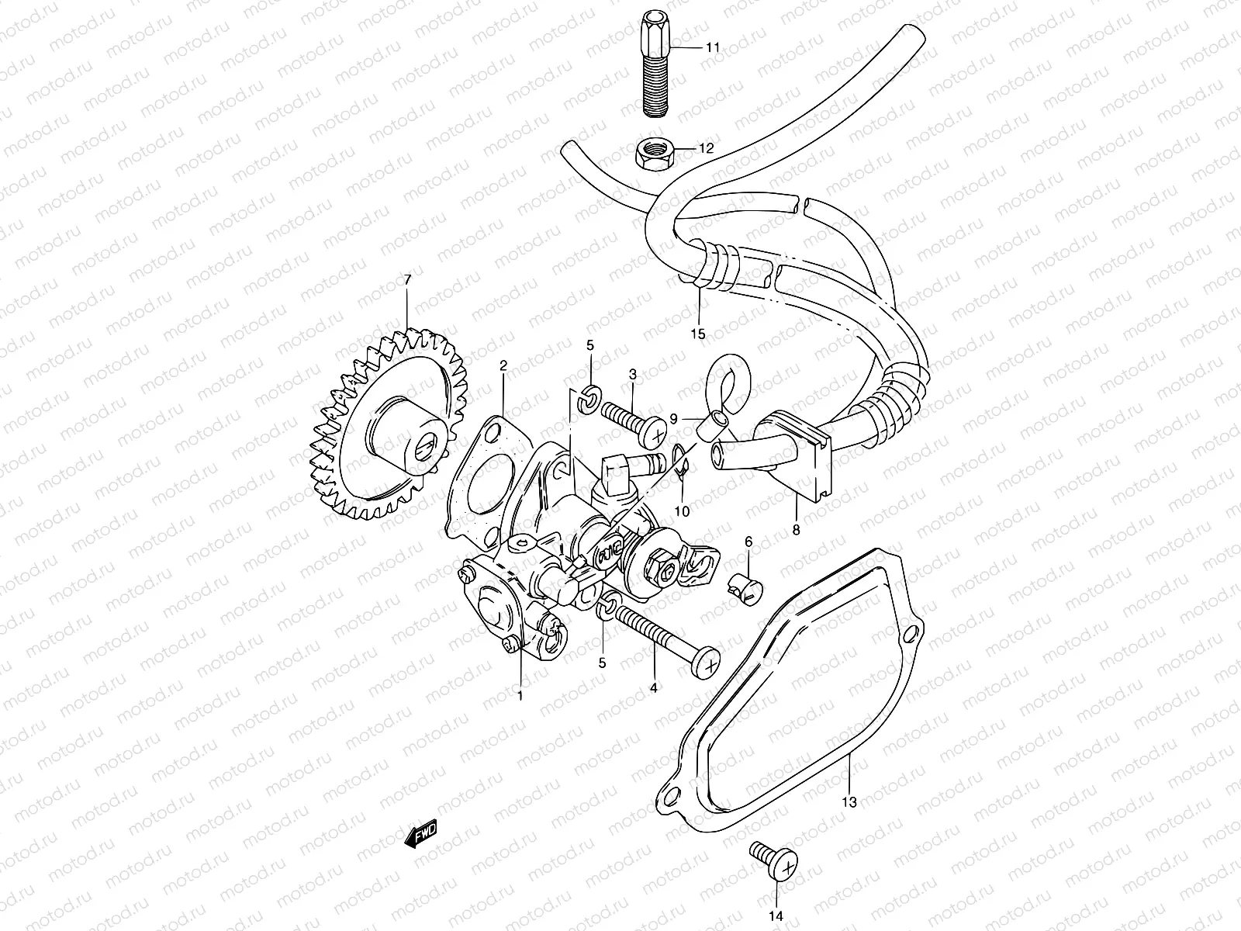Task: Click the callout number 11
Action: (x=712, y=47)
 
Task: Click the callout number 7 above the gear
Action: (x=408, y=279)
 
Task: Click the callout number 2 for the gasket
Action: (x=503, y=365)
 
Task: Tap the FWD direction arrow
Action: (x=422, y=837)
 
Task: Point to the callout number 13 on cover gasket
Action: (x=849, y=802)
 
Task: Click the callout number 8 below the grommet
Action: (x=796, y=532)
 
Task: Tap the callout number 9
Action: (x=674, y=419)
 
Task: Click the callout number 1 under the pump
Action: (x=520, y=696)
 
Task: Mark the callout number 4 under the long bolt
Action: (x=653, y=687)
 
